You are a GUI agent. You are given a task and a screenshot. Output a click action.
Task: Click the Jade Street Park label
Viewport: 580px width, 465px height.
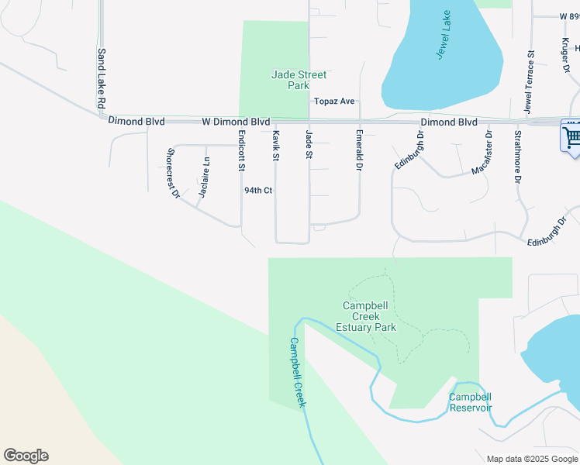tap(299, 80)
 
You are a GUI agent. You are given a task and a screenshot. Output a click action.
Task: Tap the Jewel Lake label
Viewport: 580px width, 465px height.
tap(442, 40)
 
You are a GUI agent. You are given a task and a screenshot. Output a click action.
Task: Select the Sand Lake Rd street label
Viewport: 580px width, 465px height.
tap(101, 79)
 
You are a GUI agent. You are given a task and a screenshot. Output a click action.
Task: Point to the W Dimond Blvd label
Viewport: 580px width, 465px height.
tap(236, 122)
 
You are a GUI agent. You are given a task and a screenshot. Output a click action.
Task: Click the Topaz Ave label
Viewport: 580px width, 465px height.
tap(334, 102)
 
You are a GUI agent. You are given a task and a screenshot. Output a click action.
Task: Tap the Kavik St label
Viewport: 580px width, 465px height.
tap(275, 146)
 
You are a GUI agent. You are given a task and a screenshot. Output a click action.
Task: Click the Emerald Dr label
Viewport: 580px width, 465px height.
tap(360, 150)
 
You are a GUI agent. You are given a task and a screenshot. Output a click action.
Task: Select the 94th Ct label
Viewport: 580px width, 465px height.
tap(258, 190)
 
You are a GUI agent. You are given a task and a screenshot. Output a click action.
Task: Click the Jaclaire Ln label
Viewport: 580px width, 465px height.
tap(204, 177)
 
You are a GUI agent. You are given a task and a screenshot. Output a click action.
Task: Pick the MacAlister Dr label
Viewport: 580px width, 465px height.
tap(481, 152)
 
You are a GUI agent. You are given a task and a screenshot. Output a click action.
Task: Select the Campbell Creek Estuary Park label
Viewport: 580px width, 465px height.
tap(370, 316)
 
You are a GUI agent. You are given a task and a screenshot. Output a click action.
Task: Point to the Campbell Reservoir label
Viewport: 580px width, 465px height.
tap(471, 402)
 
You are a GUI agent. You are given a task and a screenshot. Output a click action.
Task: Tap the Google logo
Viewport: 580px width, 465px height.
tap(26, 456)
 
